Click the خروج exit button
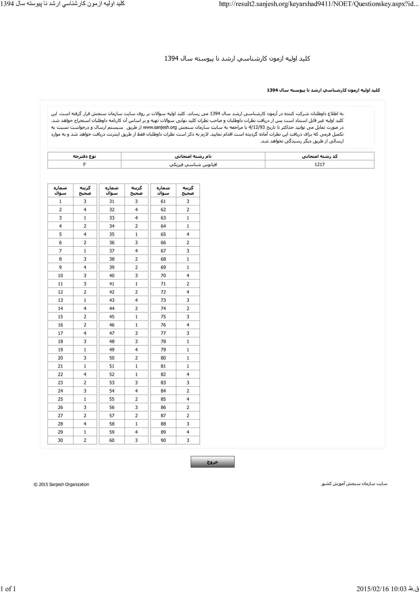[x=212, y=462]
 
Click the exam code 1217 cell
[x=319, y=165]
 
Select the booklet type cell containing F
[x=84, y=165]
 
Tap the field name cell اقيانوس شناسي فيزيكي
[x=193, y=165]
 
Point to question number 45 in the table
[x=112, y=317]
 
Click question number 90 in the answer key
[x=163, y=440]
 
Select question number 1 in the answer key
[x=60, y=202]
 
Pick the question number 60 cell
[x=112, y=440]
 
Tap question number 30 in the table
[x=60, y=440]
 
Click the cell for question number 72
[x=163, y=292]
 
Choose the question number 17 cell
[x=60, y=333]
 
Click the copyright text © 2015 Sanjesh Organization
[x=61, y=484]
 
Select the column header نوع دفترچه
[x=84, y=156]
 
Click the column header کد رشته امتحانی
[x=319, y=156]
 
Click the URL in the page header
[x=319, y=4]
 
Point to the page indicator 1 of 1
[x=8, y=589]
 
